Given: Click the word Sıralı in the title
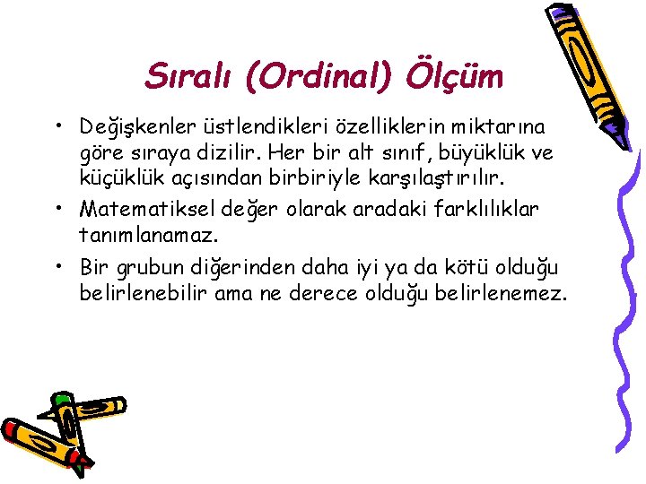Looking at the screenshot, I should [x=186, y=77].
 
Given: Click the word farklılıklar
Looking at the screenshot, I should [x=488, y=209].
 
